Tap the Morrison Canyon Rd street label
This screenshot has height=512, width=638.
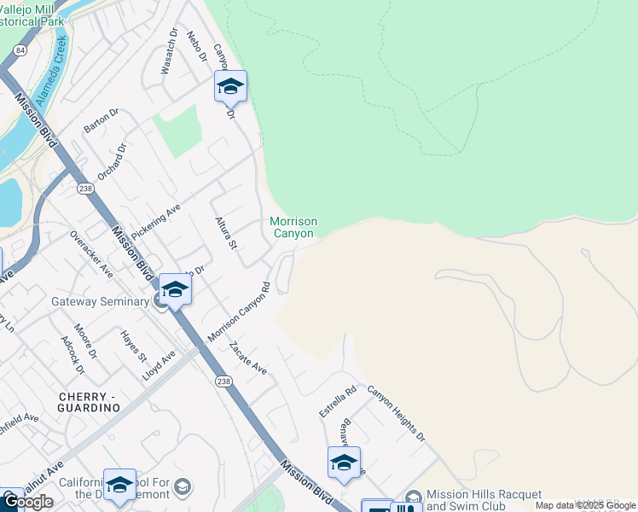point(239,314)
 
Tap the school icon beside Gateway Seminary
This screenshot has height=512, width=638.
point(175,290)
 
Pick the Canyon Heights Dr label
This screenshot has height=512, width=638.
point(396,413)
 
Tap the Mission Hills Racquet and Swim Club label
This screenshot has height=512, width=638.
point(484,499)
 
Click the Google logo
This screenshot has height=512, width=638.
point(27,502)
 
